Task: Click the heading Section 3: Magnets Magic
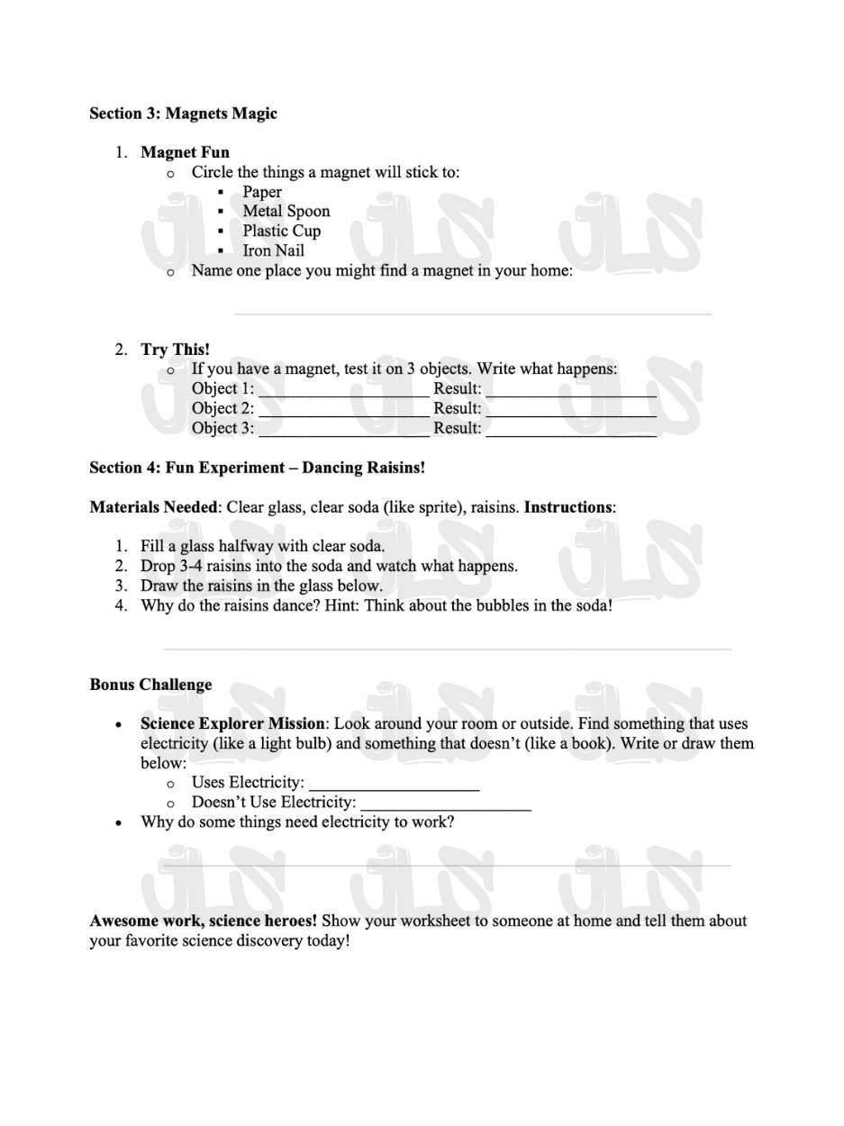(x=183, y=114)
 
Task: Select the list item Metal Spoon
(x=286, y=212)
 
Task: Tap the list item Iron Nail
(x=273, y=251)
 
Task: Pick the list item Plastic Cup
(x=281, y=232)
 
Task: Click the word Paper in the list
(x=261, y=192)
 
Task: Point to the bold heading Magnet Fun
(x=185, y=152)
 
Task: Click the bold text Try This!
(x=175, y=350)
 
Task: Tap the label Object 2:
(x=222, y=409)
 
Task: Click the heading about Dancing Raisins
(x=257, y=468)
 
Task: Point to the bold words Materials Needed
(x=153, y=507)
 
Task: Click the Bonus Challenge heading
(x=150, y=685)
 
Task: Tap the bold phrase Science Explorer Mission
(x=231, y=723)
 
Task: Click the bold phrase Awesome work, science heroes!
(x=203, y=921)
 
